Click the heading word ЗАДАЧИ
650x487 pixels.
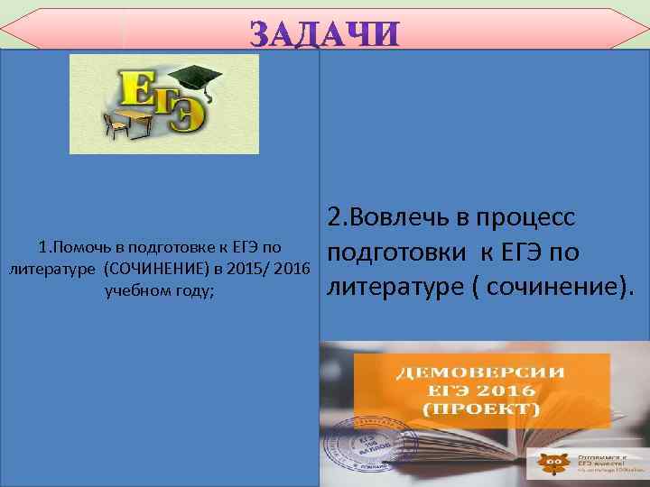[x=323, y=33]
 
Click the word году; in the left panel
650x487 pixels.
[x=195, y=290]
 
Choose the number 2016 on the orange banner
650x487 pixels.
[x=502, y=391]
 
